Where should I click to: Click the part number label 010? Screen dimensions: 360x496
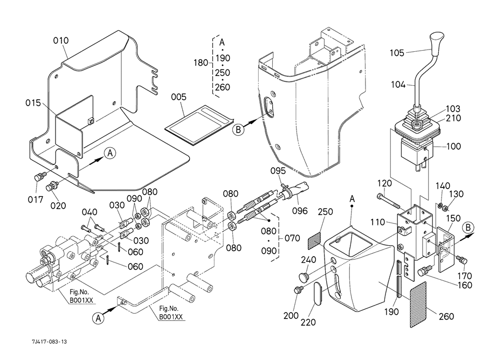point(61,40)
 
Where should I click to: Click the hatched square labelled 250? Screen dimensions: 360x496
point(314,240)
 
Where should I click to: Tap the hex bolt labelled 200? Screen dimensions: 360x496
point(298,291)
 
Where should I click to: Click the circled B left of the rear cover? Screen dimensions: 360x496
point(238,129)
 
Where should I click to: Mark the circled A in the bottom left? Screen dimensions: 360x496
point(99,319)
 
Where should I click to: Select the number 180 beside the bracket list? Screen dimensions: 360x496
point(201,63)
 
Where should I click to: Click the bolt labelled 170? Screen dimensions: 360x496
point(461,260)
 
